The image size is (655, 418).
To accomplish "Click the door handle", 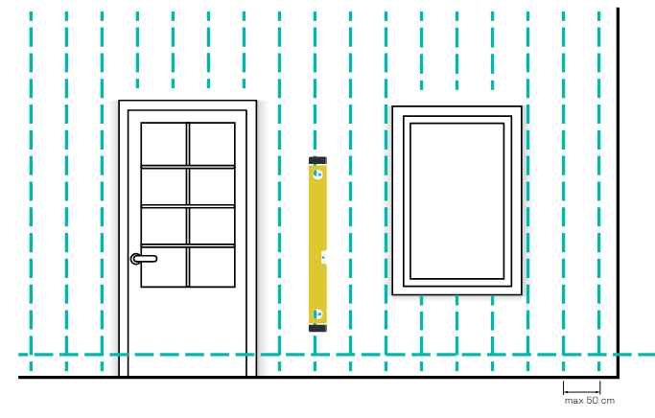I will (x=144, y=258).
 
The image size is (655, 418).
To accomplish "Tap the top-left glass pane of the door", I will (x=164, y=144).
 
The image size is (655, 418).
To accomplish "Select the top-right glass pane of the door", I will (x=212, y=144).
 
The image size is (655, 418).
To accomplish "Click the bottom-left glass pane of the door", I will (x=164, y=267).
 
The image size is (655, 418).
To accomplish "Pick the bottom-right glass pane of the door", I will (x=212, y=267).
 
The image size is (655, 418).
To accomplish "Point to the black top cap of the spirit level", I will (x=317, y=159).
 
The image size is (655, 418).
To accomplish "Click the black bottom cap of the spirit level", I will (x=317, y=328).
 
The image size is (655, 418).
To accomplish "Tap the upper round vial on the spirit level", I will (x=317, y=174).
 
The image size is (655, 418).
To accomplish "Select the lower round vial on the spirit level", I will (x=317, y=313).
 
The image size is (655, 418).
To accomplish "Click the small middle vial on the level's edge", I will (x=324, y=256).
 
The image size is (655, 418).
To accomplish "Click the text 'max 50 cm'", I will (x=589, y=400).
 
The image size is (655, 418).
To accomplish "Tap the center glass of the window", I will (x=456, y=200).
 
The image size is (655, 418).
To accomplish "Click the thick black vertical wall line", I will (x=618, y=192).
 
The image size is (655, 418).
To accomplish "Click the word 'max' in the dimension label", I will (x=573, y=400).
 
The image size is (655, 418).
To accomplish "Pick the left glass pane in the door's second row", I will (x=164, y=187).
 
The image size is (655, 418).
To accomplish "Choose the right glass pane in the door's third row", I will (x=212, y=226).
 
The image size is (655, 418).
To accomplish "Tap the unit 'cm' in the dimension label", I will (x=607, y=400).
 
